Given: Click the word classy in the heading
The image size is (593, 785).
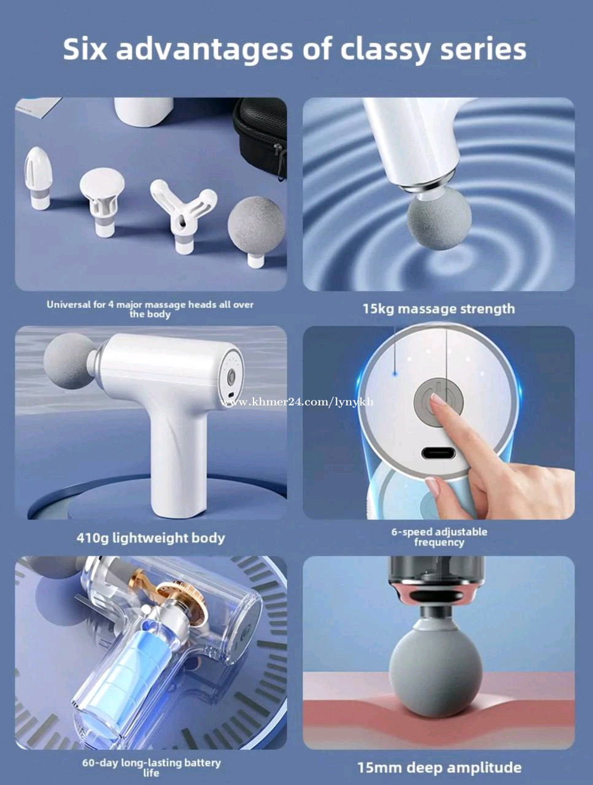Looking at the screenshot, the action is (x=384, y=50).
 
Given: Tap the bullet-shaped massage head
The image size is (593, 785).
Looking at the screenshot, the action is (x=38, y=178).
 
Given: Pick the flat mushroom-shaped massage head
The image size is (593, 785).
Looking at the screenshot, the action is (x=103, y=201).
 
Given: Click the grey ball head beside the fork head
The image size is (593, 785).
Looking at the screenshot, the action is (x=257, y=231).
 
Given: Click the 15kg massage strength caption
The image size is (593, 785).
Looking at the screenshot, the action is (x=439, y=308).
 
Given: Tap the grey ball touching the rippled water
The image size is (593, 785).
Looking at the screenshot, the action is (x=439, y=219).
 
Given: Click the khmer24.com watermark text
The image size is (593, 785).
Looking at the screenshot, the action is (x=297, y=402).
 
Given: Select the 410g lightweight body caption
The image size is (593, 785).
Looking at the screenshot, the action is (x=150, y=538).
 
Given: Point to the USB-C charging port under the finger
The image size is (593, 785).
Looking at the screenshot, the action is (x=438, y=453).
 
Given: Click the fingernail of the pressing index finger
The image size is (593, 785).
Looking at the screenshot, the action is (x=438, y=399).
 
